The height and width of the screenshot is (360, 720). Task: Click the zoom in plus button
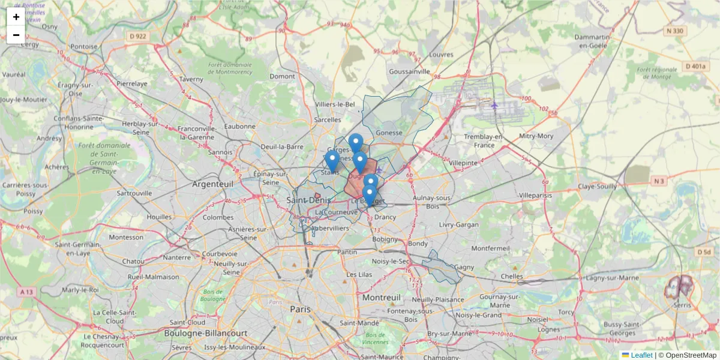click(x=16, y=17)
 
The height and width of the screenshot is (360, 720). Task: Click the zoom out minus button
click(x=16, y=35)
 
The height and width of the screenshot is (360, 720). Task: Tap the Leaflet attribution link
click(x=641, y=355)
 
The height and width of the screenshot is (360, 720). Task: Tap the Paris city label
click(x=301, y=309)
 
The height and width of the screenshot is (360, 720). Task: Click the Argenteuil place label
click(x=212, y=184)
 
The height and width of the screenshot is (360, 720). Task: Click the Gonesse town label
click(x=389, y=133)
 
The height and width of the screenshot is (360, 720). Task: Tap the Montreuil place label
click(x=381, y=298)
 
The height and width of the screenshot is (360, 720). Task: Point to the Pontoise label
click(x=83, y=46)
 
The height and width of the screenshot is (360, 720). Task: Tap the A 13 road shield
click(x=26, y=292)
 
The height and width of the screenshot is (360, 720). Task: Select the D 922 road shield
click(x=138, y=37)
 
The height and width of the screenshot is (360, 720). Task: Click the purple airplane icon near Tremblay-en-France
click(x=494, y=106)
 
